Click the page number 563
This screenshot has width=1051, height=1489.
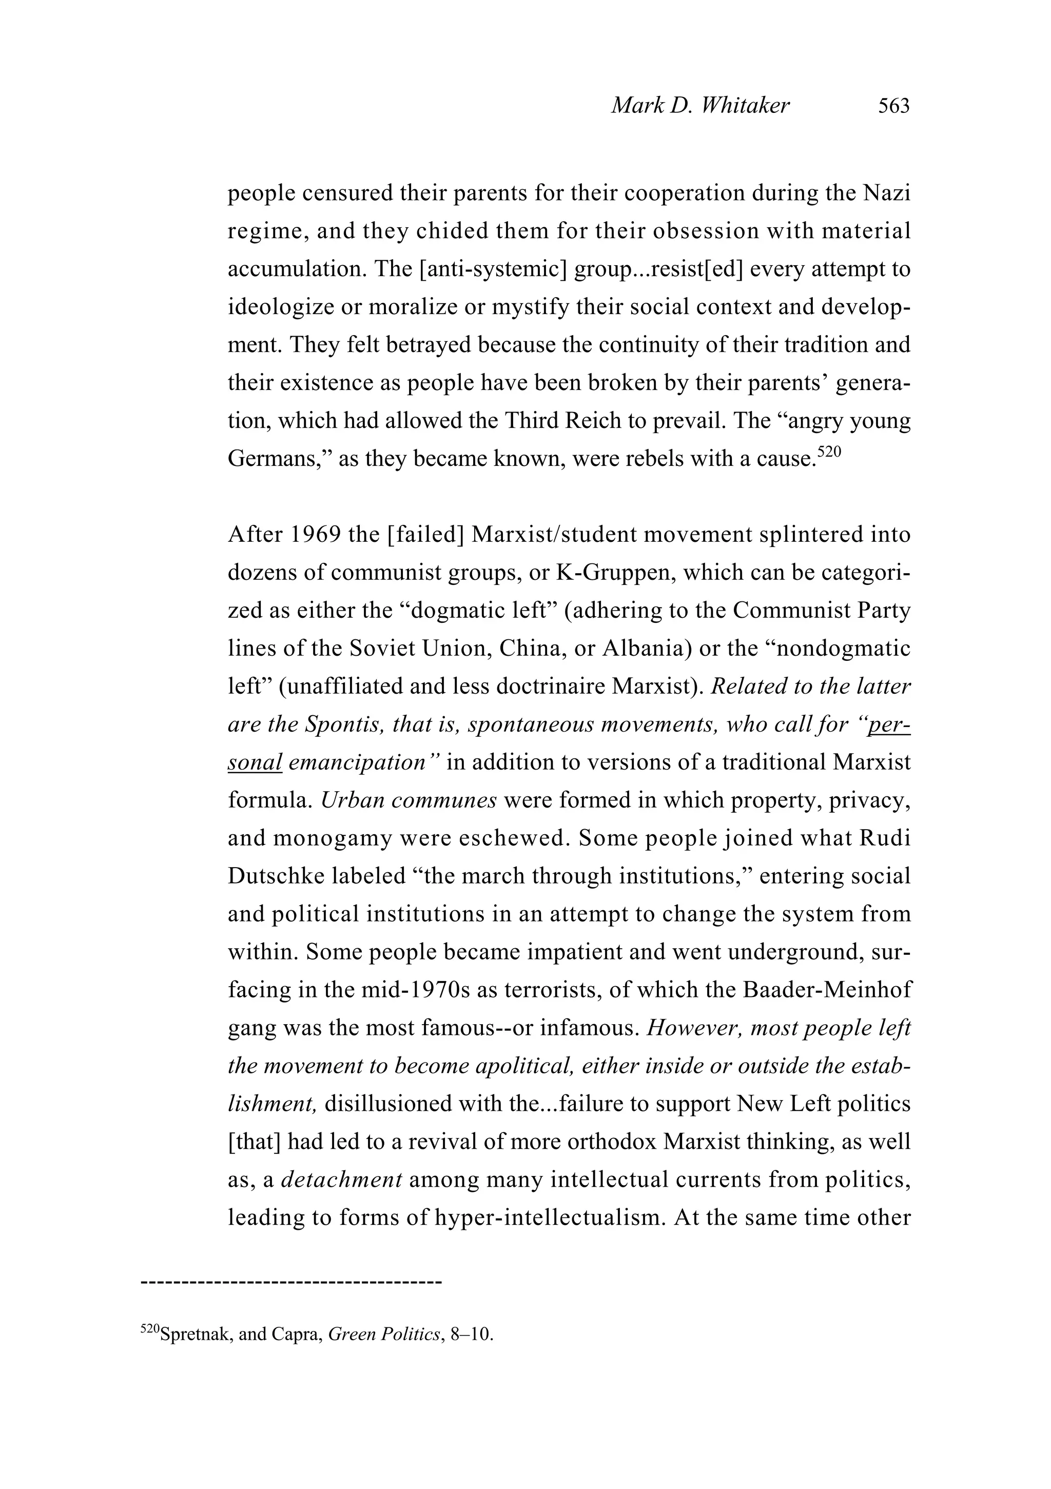pos(893,106)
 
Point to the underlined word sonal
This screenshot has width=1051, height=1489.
pos(255,762)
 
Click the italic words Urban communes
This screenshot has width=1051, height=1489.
pos(408,800)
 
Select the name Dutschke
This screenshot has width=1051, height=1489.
pos(275,876)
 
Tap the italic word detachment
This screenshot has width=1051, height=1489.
pos(342,1179)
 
